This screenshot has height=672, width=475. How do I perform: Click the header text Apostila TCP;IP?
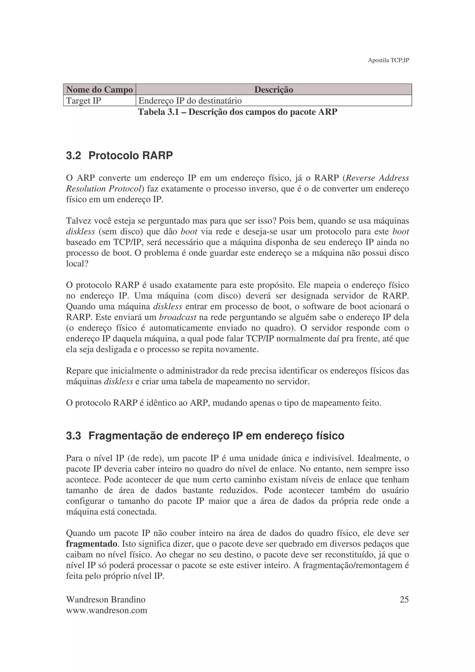coord(388,60)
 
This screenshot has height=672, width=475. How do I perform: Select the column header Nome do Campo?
coord(99,90)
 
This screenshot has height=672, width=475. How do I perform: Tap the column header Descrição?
coord(273,90)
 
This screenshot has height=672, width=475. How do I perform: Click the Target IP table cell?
coord(84,101)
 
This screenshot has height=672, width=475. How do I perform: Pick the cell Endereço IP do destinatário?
coord(190,101)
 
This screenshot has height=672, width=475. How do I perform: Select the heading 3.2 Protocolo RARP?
coord(119,155)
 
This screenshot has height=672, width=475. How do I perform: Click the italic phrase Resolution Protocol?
coord(104,189)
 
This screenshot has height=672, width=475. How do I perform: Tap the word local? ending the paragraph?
coord(77,264)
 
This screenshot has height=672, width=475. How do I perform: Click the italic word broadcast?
coord(178,317)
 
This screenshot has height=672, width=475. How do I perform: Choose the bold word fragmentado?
coord(92,544)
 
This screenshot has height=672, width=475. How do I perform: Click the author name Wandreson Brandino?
coord(106,600)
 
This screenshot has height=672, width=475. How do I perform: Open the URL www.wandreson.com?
coord(106,611)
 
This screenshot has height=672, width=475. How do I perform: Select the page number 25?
coord(404,600)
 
